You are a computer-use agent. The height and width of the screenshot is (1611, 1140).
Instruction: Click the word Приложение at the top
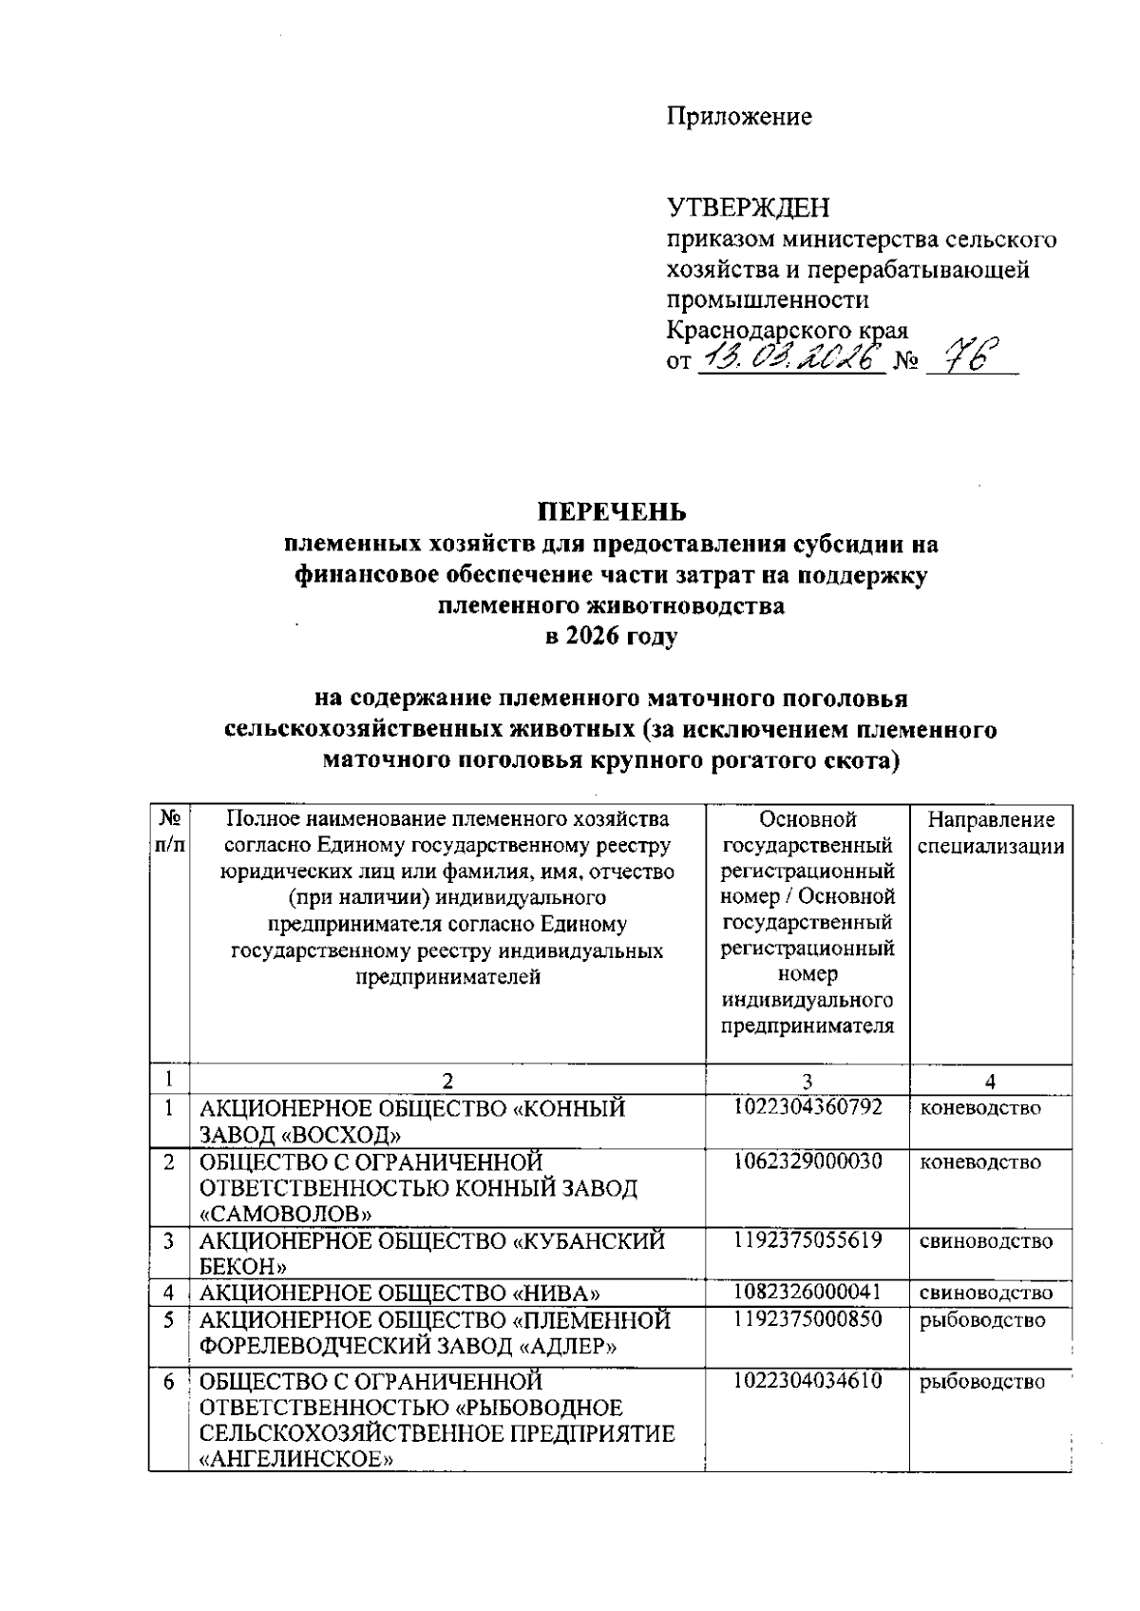coord(738,117)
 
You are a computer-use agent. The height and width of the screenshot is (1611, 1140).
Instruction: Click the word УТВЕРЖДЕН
coord(747,208)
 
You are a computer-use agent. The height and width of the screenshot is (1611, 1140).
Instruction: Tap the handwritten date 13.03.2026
coord(790,360)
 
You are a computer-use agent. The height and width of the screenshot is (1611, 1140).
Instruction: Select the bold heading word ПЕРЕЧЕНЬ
coord(612,512)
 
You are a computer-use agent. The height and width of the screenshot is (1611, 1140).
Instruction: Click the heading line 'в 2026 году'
coord(611,636)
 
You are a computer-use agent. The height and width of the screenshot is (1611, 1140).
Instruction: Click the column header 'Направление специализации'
coord(990,833)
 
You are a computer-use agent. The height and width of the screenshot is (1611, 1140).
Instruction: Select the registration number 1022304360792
coord(807,1107)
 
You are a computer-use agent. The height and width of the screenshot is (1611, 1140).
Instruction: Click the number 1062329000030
coord(807,1161)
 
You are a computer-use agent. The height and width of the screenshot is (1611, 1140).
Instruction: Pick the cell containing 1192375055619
coord(807,1240)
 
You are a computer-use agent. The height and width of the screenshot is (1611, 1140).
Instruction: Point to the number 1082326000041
coord(807,1293)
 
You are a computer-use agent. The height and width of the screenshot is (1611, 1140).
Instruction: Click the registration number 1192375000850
coord(807,1319)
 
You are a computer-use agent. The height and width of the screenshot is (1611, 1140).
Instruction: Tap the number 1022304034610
coord(807,1381)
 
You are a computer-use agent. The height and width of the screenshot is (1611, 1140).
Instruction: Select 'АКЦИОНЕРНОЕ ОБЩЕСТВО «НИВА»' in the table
coord(399,1293)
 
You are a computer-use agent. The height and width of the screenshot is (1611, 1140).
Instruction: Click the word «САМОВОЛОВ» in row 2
coord(285,1214)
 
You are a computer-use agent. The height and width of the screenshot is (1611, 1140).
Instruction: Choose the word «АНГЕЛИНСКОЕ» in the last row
coord(295,1460)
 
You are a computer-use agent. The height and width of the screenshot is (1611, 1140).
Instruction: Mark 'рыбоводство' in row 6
coord(981,1382)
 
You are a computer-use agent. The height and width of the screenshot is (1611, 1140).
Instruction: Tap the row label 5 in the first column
coord(169,1320)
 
